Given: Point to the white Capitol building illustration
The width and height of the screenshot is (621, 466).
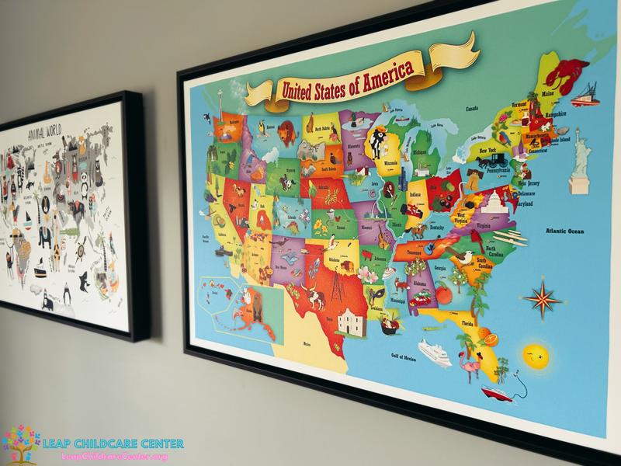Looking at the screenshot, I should (494, 204).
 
